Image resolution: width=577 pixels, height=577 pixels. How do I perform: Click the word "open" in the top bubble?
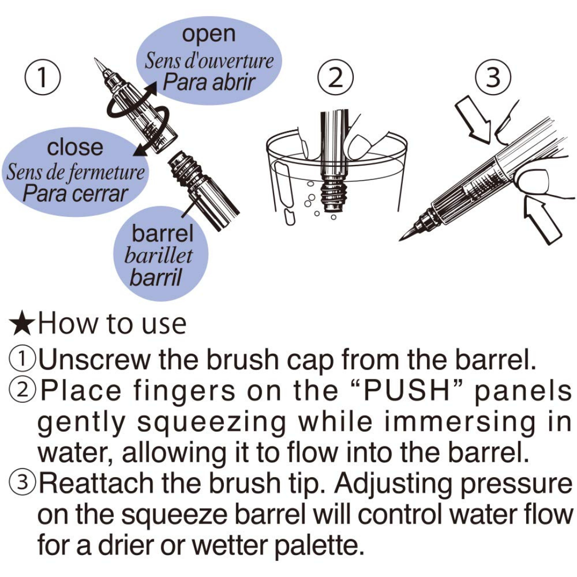[x=209, y=35]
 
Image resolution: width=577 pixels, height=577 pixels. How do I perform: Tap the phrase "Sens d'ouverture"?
[x=209, y=61]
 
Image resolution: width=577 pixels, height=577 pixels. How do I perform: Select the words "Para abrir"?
[x=209, y=82]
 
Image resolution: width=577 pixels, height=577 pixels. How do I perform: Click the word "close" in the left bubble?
[x=75, y=147]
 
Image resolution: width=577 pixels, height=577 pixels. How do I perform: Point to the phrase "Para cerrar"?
[x=75, y=193]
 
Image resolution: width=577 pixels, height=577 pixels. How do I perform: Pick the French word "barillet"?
[x=159, y=255]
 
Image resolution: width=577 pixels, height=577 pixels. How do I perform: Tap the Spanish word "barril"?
[x=155, y=277]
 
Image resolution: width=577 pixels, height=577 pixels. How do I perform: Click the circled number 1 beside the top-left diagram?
[x=43, y=77]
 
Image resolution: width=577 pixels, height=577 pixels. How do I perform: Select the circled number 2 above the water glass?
[x=335, y=77]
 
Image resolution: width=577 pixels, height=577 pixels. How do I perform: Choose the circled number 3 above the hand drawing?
[x=493, y=77]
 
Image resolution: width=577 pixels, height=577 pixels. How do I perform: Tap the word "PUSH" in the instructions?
[x=407, y=391]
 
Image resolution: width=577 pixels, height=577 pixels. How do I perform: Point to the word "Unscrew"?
[x=95, y=359]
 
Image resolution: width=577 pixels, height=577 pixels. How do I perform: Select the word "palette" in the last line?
[x=316, y=545]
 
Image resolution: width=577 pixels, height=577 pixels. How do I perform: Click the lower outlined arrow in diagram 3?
[x=541, y=221]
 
